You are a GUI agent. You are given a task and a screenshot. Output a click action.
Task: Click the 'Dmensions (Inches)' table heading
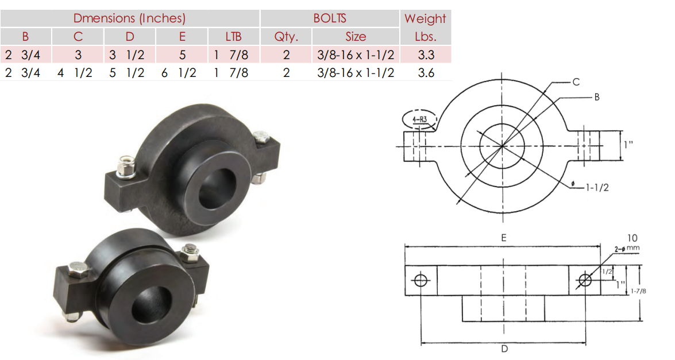point(129,18)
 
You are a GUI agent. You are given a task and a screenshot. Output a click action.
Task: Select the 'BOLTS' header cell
point(330,18)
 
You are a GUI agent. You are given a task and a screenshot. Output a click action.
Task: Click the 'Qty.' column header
point(286,37)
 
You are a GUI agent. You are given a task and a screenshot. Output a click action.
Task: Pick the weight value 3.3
point(425,55)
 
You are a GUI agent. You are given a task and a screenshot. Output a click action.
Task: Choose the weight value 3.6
point(425,73)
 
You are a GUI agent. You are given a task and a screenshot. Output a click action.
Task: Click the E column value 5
point(182,55)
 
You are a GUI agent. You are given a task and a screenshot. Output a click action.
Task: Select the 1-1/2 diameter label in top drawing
point(597,187)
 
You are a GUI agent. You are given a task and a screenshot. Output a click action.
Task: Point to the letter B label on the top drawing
point(597,97)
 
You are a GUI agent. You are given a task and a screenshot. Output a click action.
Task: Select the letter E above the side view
point(504,237)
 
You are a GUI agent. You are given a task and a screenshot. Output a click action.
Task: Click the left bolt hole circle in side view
point(421,280)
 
